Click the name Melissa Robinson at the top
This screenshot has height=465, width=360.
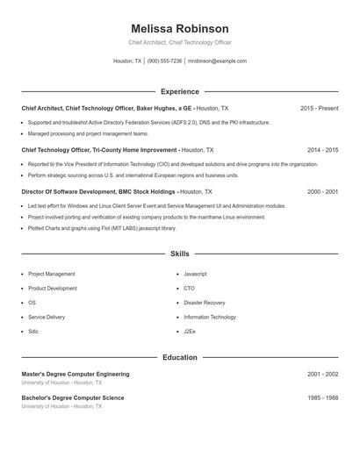179,29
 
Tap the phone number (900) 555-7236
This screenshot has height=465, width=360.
164,61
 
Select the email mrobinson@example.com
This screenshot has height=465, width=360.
217,61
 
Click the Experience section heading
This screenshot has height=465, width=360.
179,91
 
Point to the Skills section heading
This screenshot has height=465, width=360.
179,254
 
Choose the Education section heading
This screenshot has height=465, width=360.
179,357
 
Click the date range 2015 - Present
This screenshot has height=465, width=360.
319,108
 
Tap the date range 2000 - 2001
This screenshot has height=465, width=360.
322,191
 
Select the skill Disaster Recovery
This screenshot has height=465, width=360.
204,303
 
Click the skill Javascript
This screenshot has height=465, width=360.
195,274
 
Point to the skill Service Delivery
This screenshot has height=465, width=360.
47,317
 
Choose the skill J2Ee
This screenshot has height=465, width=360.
190,332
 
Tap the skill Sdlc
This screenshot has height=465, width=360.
33,332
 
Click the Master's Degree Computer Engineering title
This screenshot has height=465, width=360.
76,374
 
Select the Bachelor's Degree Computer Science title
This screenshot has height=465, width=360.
73,397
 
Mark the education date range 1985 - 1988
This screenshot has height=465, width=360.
322,397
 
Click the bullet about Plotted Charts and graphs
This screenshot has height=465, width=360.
102,227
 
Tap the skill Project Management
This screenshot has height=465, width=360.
51,274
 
